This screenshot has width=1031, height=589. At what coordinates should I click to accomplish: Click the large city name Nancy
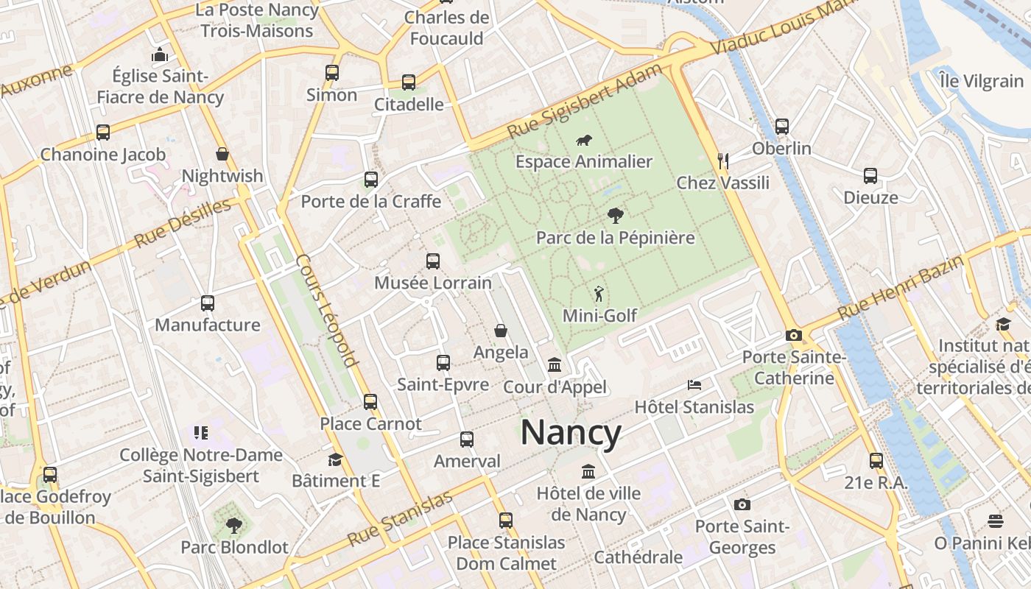pyautogui.click(x=571, y=433)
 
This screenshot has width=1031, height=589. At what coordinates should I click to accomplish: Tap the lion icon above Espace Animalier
pyautogui.click(x=584, y=140)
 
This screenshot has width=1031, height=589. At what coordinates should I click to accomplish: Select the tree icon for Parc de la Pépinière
pyautogui.click(x=615, y=216)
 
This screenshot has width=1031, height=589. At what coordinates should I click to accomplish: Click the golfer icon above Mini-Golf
pyautogui.click(x=599, y=294)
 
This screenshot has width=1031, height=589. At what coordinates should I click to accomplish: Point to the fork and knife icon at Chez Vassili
pyautogui.click(x=722, y=161)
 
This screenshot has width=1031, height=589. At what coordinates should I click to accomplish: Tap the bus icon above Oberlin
pyautogui.click(x=781, y=127)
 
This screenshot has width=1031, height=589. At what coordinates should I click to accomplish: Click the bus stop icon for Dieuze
pyautogui.click(x=870, y=176)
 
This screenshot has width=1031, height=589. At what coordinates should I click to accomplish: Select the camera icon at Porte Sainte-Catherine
pyautogui.click(x=793, y=336)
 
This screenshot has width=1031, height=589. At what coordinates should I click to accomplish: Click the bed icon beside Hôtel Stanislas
pyautogui.click(x=694, y=384)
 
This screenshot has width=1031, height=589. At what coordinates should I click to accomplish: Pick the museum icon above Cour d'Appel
pyautogui.click(x=555, y=365)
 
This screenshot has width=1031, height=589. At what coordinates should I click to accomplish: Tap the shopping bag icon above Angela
pyautogui.click(x=501, y=331)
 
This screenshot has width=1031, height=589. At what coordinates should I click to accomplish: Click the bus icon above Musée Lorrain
pyautogui.click(x=433, y=261)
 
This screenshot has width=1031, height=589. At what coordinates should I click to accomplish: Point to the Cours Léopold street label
pyautogui.click(x=326, y=310)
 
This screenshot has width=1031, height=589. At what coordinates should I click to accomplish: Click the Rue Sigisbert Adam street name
pyautogui.click(x=575, y=103)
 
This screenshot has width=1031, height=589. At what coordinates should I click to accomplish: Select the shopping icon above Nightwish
pyautogui.click(x=222, y=154)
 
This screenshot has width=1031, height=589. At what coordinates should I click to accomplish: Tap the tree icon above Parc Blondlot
pyautogui.click(x=233, y=525)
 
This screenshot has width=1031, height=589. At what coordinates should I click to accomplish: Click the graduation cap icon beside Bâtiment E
pyautogui.click(x=335, y=459)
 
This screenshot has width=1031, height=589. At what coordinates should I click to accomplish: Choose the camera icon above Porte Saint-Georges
pyautogui.click(x=742, y=504)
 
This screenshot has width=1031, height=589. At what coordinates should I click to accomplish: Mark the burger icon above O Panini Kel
pyautogui.click(x=995, y=521)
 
